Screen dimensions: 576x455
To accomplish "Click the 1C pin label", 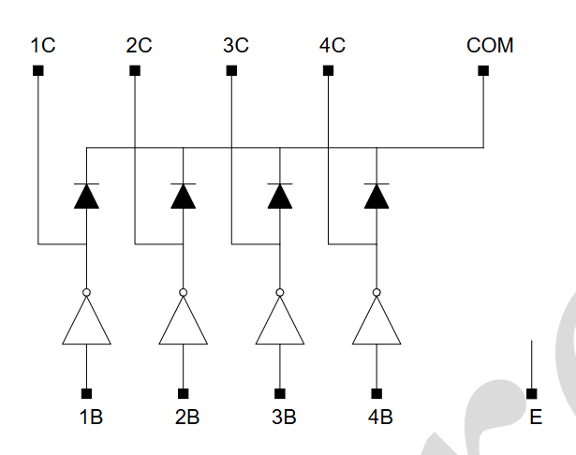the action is [43, 46].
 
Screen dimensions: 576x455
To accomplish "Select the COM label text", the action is [490, 46].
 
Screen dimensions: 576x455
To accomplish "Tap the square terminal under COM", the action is [483, 70].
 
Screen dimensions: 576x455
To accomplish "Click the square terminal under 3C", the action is [231, 70].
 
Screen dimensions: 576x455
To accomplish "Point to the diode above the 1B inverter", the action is [86, 196].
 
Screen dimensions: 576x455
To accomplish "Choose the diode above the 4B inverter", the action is [377, 196].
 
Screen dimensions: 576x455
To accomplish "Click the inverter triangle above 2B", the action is [184, 320].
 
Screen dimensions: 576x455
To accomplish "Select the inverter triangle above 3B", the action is [280, 320].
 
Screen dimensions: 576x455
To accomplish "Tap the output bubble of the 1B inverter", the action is [86, 292].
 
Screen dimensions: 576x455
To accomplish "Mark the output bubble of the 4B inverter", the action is [377, 292].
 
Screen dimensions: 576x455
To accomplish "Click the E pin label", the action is [536, 418].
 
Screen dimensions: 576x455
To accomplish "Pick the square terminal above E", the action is [532, 393].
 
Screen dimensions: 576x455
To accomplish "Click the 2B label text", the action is [187, 418].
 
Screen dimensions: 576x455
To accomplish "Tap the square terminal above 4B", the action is [377, 393].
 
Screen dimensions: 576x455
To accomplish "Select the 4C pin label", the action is [332, 46].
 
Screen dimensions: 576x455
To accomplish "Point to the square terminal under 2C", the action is [135, 70].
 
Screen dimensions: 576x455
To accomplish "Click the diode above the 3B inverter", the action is [280, 196].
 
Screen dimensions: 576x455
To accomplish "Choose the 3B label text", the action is [284, 418].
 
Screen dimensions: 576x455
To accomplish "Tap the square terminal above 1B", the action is [86, 393].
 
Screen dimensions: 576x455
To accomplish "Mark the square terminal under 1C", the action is [38, 70].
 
